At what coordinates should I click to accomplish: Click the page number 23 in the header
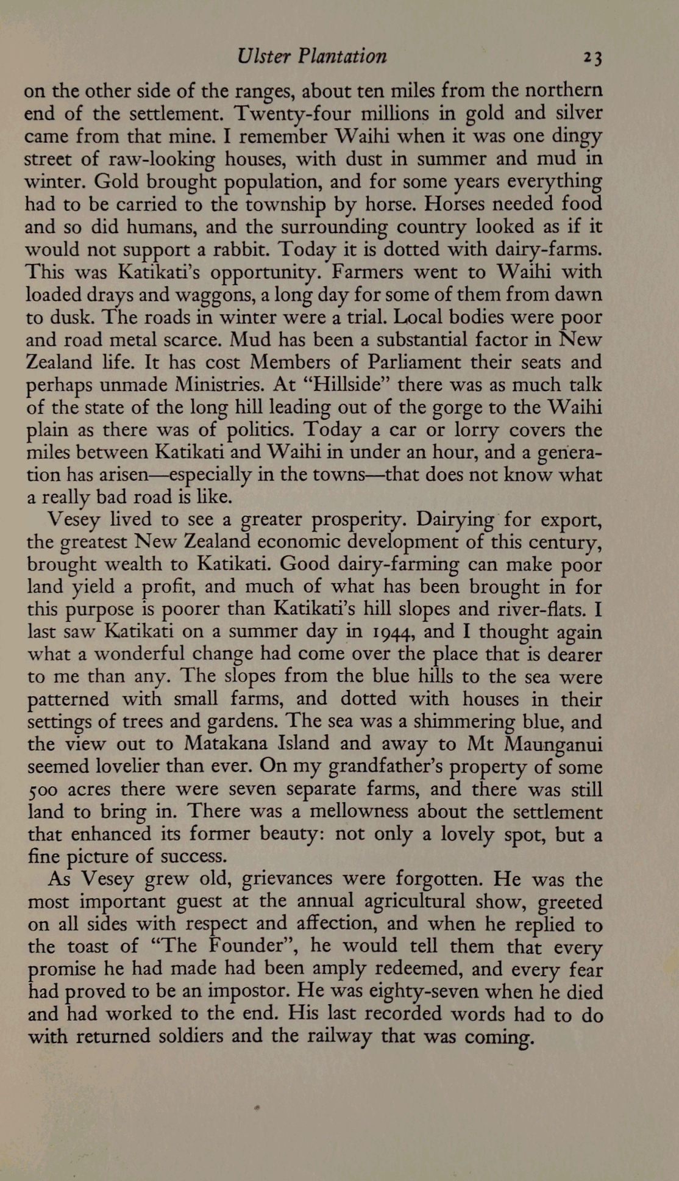592,58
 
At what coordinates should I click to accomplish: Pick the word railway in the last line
338,1037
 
